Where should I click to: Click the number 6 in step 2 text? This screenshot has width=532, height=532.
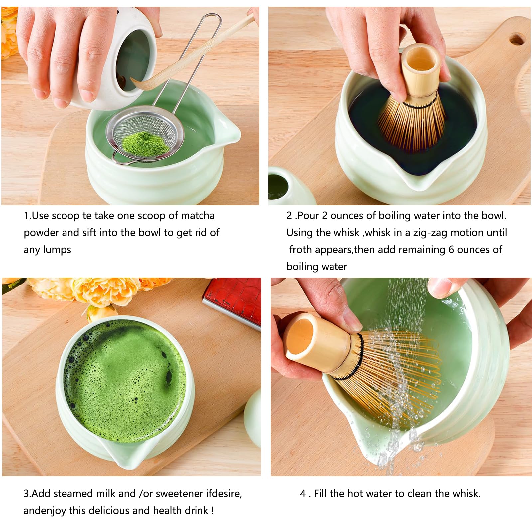pyautogui.click(x=451, y=250)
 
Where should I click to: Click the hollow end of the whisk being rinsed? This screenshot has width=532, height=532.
pyautogui.click(x=301, y=336)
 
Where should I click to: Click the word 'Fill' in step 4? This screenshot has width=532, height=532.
pyautogui.click(x=320, y=493)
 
